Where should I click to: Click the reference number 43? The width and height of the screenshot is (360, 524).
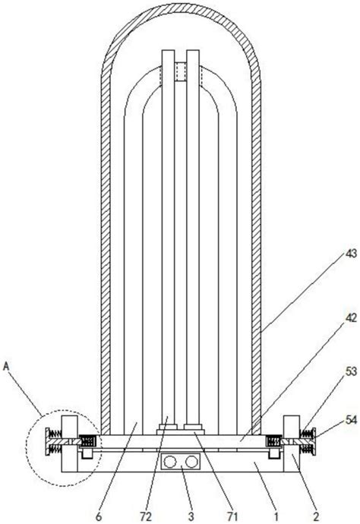coord(350,254)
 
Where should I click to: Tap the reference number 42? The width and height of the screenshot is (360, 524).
coord(350,317)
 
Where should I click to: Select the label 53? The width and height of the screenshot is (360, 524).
coord(350,371)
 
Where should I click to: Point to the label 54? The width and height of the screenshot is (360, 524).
coord(350,421)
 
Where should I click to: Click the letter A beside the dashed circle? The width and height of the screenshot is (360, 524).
coord(6,367)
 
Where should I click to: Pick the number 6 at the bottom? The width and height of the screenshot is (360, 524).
coord(99,516)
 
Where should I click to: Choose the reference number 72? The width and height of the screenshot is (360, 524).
coord(146,516)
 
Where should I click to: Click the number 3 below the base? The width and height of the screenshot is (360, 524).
coord(191,516)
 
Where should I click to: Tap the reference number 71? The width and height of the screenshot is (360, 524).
coord(232,516)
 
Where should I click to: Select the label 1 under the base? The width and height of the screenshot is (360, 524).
coord(276,516)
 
